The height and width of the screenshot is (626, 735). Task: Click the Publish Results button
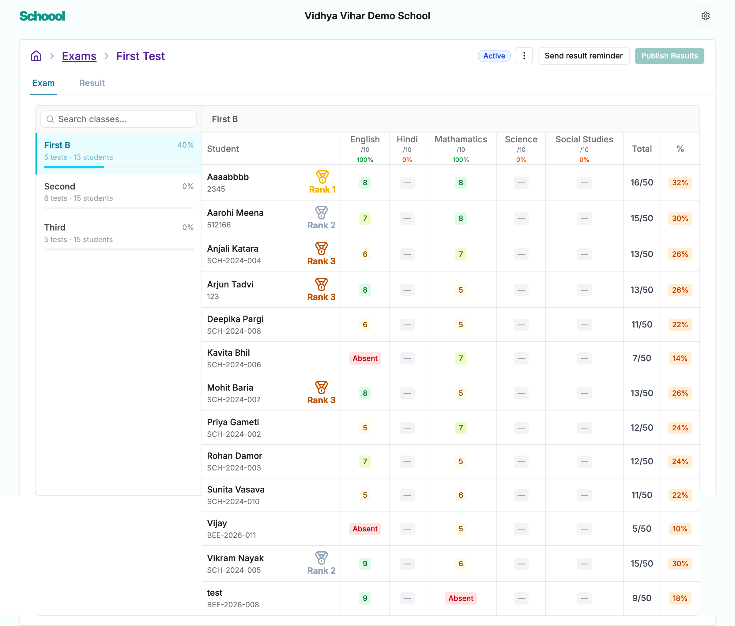[x=669, y=56]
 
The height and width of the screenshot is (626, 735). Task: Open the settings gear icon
[x=705, y=16]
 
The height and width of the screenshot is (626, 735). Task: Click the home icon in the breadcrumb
[x=36, y=56]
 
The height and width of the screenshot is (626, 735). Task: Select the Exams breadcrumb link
[x=79, y=56]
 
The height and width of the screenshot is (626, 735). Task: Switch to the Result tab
[x=92, y=83]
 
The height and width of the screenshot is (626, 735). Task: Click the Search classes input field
[x=119, y=119]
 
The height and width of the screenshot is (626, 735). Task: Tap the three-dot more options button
[x=524, y=56]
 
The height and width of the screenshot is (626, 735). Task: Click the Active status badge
[x=494, y=56]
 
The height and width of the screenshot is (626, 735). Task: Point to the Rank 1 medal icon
[x=322, y=177]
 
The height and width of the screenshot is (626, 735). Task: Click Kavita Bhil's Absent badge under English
[x=365, y=358]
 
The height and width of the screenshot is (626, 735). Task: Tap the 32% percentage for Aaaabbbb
[x=680, y=182]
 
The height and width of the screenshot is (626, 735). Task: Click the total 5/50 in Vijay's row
[x=642, y=529]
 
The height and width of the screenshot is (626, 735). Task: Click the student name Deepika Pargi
[x=235, y=319]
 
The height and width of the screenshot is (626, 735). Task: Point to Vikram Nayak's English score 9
[x=365, y=564]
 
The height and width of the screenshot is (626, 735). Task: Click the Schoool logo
[x=42, y=16]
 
